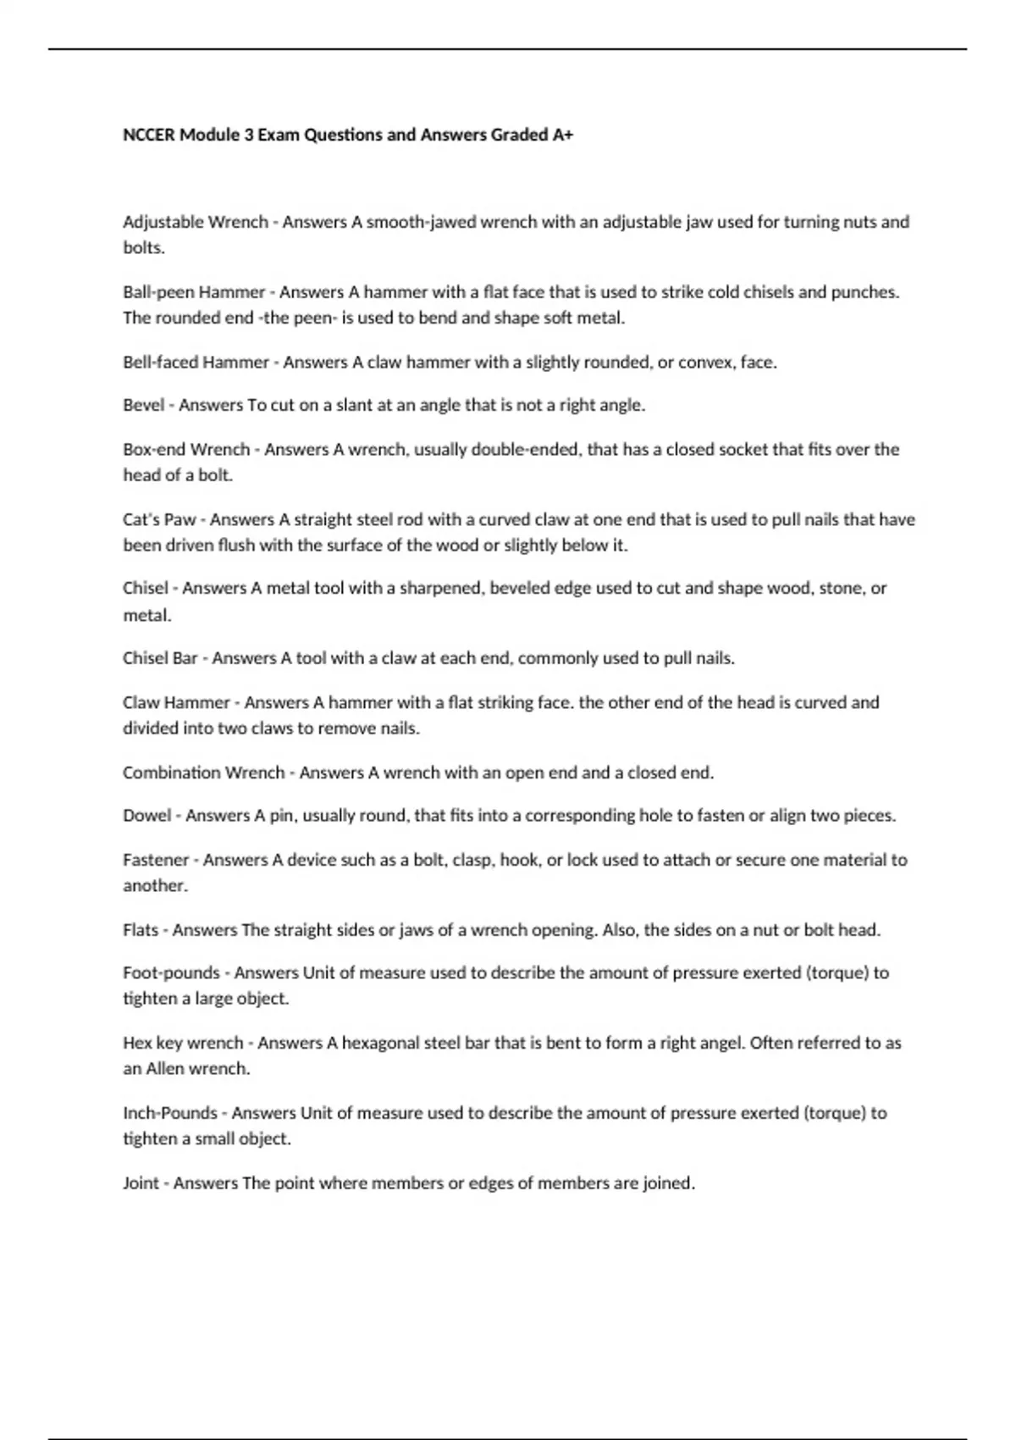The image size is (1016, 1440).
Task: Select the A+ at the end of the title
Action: [563, 135]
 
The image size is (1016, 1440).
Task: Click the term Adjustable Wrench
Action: [195, 222]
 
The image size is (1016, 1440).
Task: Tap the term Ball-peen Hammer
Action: [194, 292]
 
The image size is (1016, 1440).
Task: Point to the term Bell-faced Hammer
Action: [196, 363]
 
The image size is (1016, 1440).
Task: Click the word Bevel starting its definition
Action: [144, 405]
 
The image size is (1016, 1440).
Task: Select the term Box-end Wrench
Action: [186, 449]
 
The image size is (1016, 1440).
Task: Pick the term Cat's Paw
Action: [159, 519]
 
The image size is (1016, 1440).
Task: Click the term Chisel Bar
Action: [160, 658]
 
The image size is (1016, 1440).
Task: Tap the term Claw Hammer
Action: [176, 702]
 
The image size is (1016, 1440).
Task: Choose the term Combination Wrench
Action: [203, 773]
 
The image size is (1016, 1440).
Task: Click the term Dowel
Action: [146, 816]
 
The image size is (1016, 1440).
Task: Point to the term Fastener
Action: [156, 860]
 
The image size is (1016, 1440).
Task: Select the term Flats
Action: [141, 930]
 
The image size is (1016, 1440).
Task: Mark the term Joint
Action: [141, 1183]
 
